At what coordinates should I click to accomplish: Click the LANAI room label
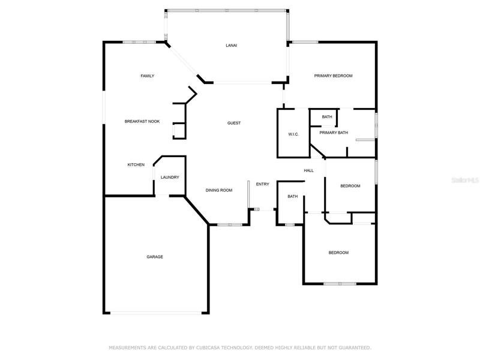coord(231,46)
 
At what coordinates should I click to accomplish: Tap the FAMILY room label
coord(147,76)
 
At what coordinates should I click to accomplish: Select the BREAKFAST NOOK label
coord(142,122)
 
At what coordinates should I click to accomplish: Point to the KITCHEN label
coord(136,164)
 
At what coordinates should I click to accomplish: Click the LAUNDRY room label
coord(170,177)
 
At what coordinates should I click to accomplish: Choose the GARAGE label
coord(155,257)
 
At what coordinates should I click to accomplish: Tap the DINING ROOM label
coord(219,190)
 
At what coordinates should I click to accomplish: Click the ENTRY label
coord(263,184)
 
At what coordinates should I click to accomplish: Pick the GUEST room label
coord(234,123)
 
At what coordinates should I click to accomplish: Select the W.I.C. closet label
coord(293,134)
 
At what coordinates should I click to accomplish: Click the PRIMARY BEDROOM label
coord(333,76)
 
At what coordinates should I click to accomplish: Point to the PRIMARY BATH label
coord(334,133)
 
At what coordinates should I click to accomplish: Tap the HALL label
coord(308,170)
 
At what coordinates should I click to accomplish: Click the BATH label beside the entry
coord(293,197)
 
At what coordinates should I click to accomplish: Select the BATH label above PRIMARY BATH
coord(327,116)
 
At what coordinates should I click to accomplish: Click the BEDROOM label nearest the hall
coord(350,186)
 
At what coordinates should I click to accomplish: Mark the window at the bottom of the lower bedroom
coord(340,284)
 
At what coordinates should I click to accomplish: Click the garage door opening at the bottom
coord(156,313)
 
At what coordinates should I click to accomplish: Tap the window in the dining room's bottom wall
coord(230,224)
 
